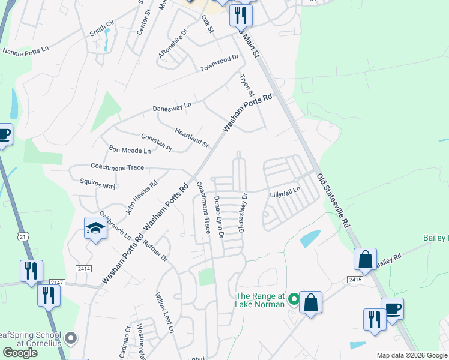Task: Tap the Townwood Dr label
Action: click(x=219, y=64)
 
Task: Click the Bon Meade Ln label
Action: click(x=129, y=149)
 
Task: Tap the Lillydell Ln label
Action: click(x=285, y=195)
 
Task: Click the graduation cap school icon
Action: click(x=95, y=228)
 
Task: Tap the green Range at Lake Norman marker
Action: click(x=294, y=298)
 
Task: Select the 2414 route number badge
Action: click(x=83, y=269)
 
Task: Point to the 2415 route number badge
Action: click(x=355, y=280)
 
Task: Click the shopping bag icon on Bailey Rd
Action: click(x=365, y=259)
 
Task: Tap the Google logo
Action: click(x=20, y=353)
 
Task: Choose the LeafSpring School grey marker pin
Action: click(x=71, y=339)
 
